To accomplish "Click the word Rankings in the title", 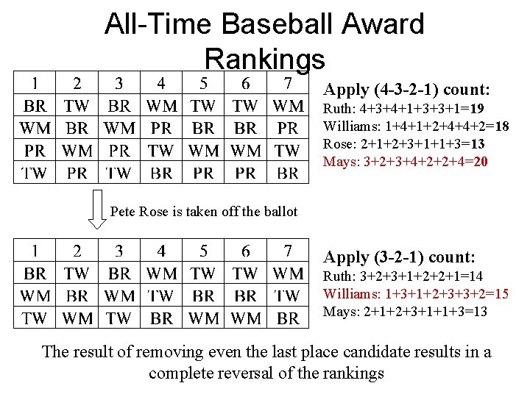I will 264,59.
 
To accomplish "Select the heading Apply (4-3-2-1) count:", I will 407,90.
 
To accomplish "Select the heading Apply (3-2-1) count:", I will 400,257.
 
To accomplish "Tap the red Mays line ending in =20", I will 406,161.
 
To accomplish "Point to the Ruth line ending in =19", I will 404,109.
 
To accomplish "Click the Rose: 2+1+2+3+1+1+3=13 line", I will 404,143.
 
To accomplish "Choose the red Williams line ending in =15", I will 416,294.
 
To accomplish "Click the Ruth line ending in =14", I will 403,276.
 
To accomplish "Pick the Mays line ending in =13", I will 406,312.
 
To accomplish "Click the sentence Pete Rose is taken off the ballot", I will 203,212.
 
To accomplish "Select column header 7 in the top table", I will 288,83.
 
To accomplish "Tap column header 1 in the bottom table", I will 35,251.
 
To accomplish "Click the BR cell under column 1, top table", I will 35,106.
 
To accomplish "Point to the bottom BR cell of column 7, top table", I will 288,174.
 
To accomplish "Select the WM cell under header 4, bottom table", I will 161,273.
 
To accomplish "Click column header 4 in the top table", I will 161,83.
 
